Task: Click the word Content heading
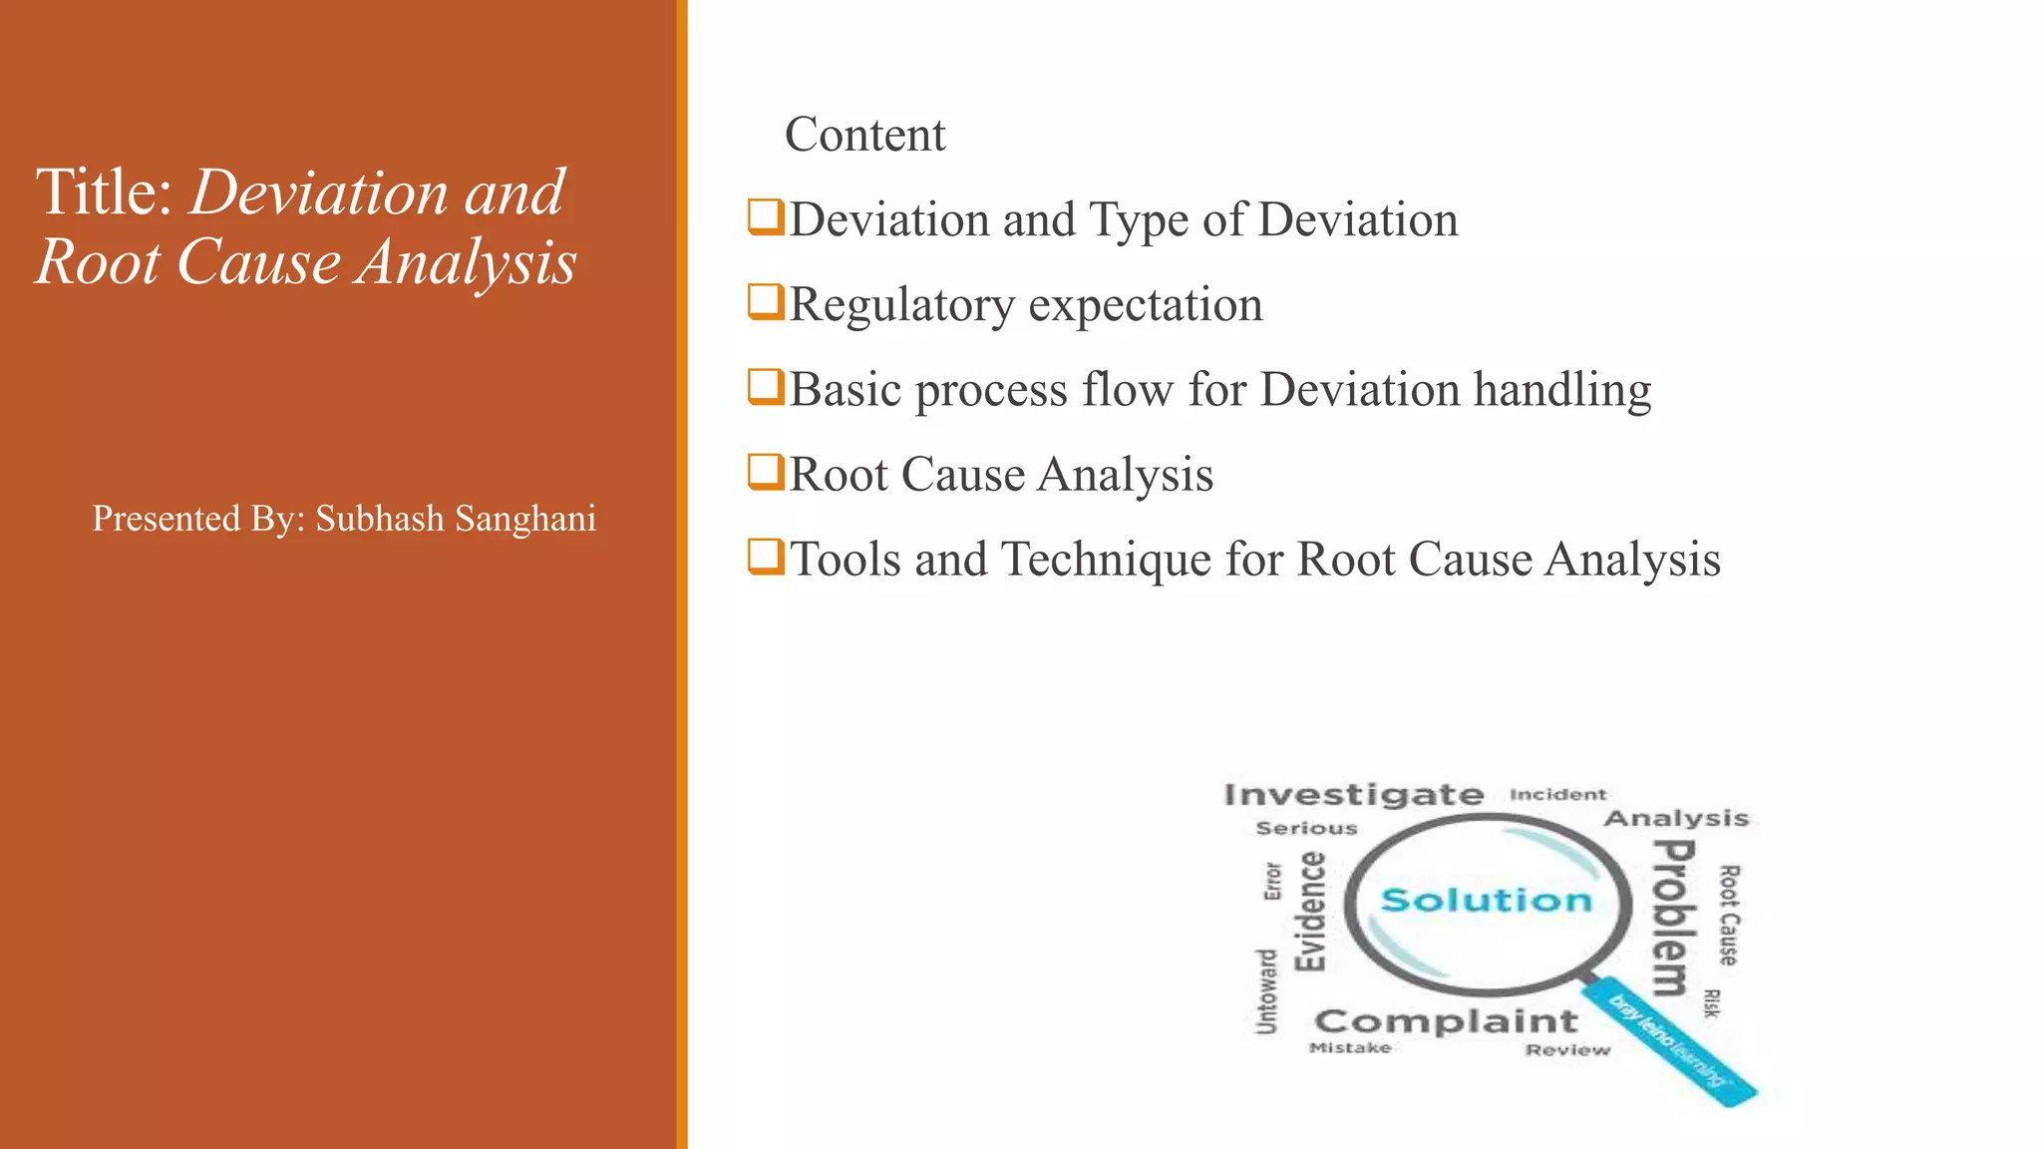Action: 864,135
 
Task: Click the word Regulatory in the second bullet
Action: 901,305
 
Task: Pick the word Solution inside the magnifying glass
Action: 1486,901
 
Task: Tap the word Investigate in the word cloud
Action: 1353,795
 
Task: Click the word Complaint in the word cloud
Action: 1446,1021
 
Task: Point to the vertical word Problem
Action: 1672,918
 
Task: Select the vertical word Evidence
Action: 1310,911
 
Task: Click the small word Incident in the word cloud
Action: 1557,795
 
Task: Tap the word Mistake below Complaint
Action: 1349,1048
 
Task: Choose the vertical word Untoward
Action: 1265,991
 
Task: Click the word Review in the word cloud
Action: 1567,1050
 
